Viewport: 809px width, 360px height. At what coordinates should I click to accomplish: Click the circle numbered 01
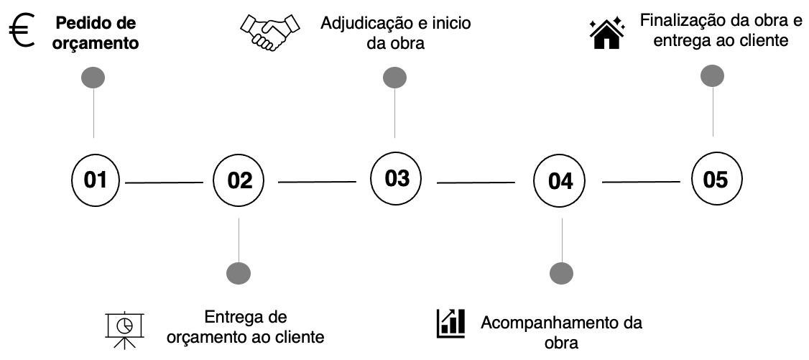click(95, 179)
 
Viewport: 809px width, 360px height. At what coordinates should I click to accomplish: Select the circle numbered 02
click(240, 180)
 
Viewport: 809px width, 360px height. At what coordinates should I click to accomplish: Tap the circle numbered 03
click(396, 177)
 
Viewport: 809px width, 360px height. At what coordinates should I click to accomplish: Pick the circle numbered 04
click(560, 180)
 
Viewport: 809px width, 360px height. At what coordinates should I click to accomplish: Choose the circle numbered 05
click(716, 179)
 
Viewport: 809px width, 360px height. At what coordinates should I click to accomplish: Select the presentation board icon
click(125, 328)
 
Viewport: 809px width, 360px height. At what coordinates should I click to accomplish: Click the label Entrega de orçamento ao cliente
click(245, 327)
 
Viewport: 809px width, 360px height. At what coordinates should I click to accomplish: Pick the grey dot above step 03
click(394, 77)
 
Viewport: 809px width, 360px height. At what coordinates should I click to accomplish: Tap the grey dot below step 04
click(561, 273)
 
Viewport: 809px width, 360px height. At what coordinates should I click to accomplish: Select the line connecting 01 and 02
click(165, 183)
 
